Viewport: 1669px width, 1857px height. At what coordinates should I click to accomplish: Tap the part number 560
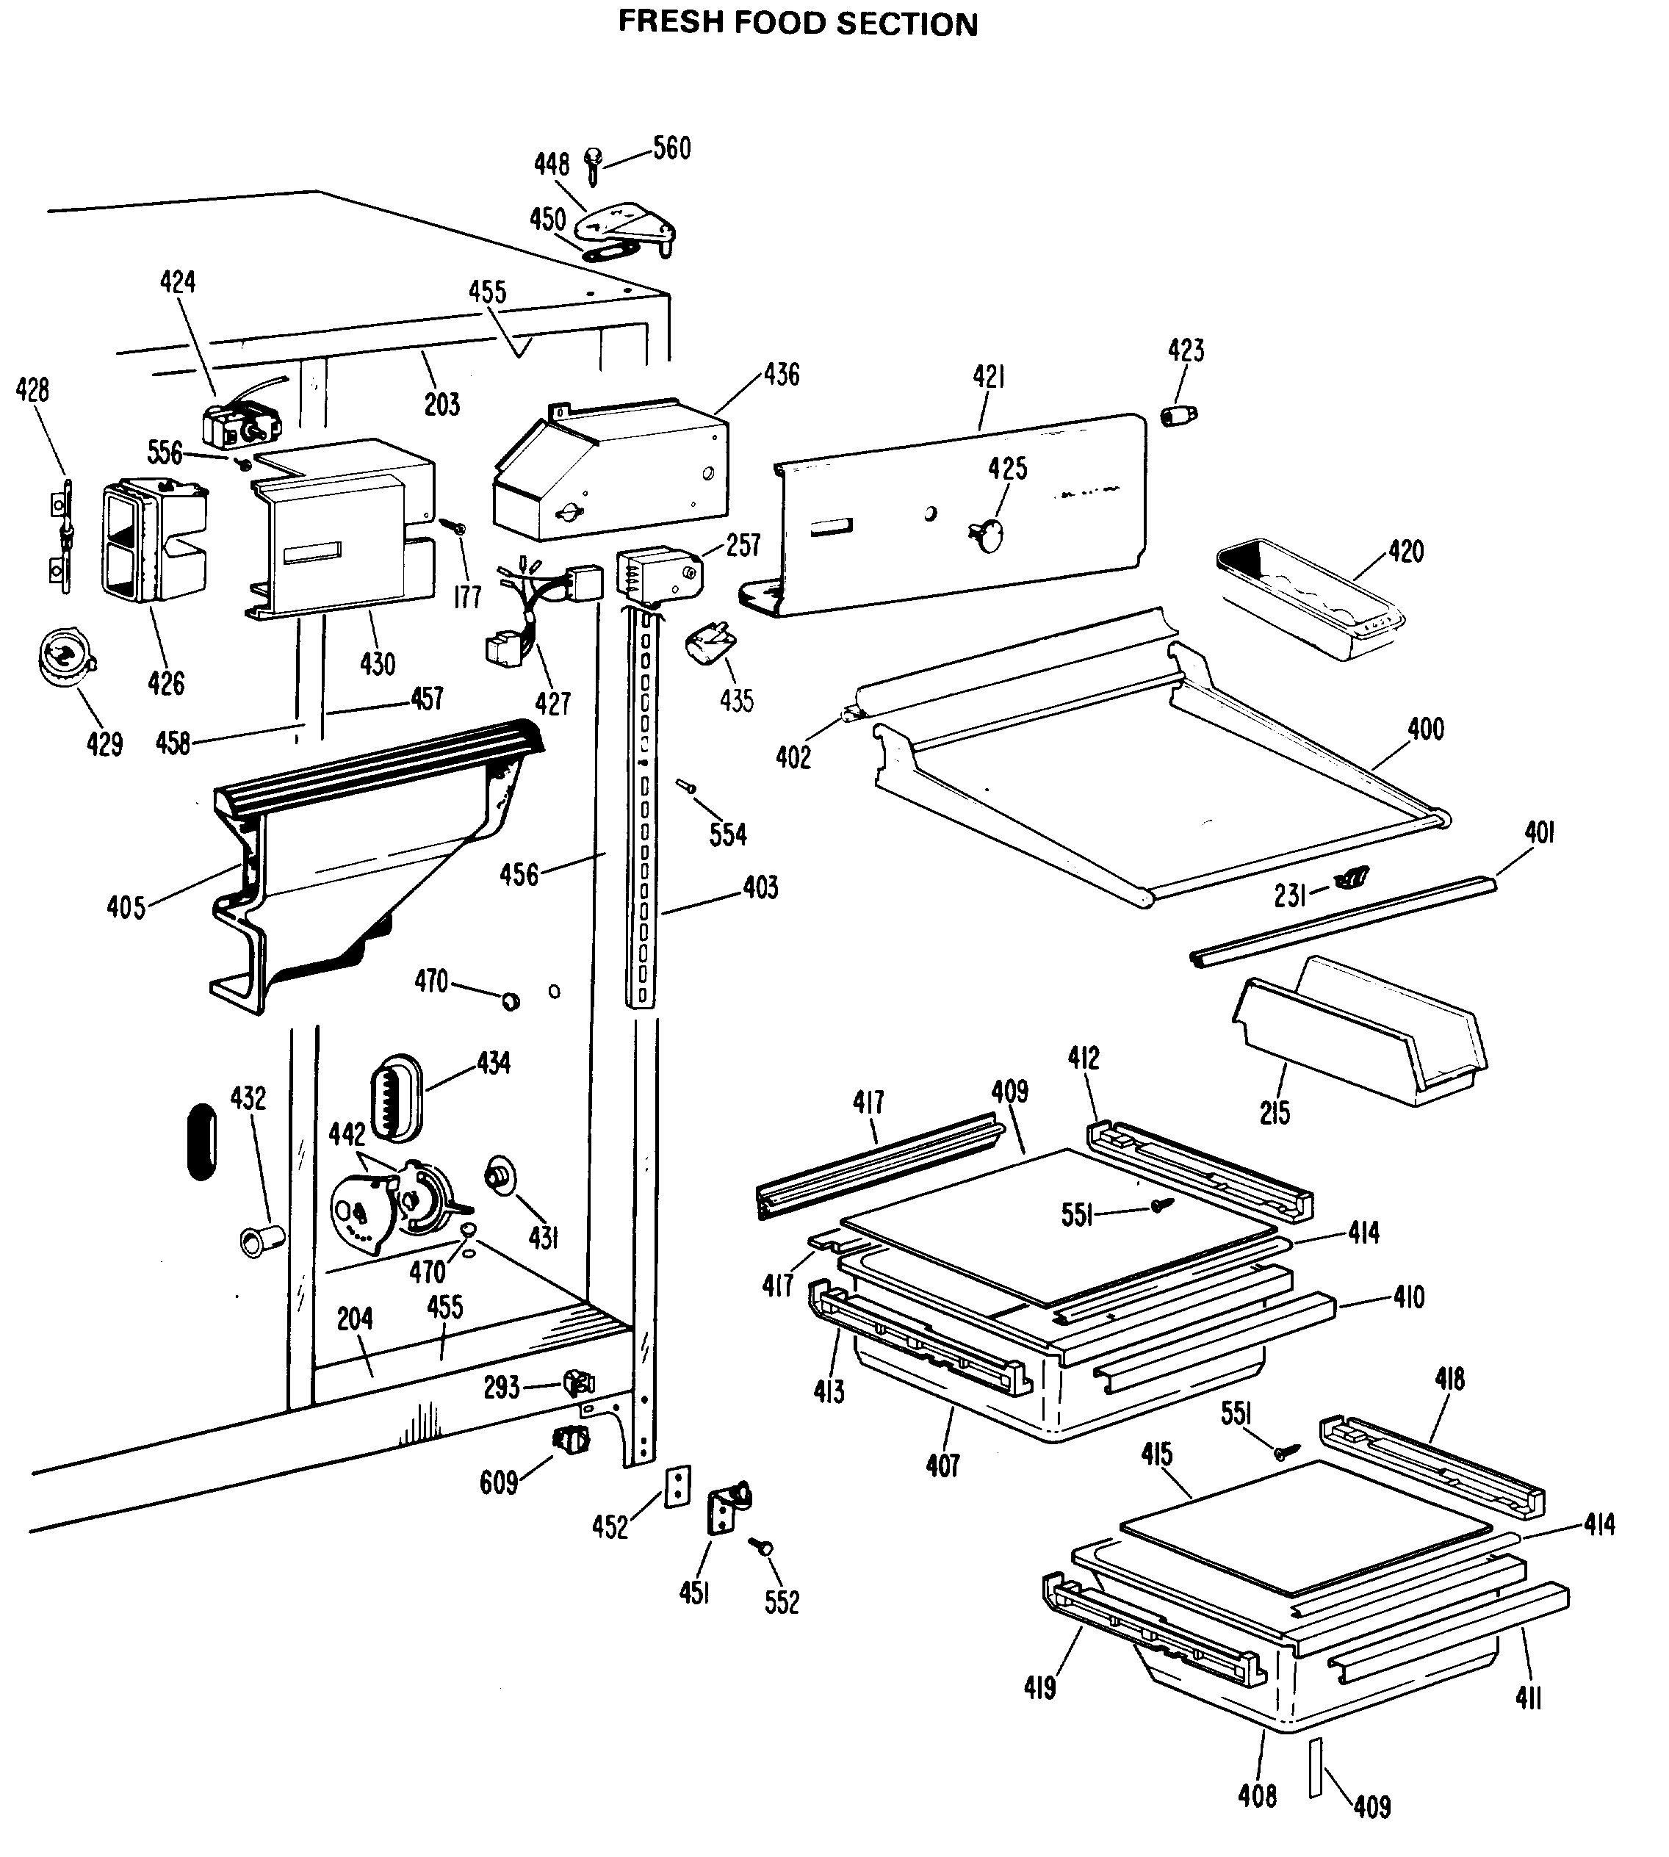point(671,148)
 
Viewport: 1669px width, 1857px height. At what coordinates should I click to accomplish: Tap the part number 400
point(1425,730)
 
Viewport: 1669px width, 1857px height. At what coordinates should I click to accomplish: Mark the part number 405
point(126,908)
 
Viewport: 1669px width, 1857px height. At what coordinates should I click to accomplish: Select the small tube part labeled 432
point(262,1241)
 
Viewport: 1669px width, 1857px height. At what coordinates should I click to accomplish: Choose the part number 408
point(1256,1795)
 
